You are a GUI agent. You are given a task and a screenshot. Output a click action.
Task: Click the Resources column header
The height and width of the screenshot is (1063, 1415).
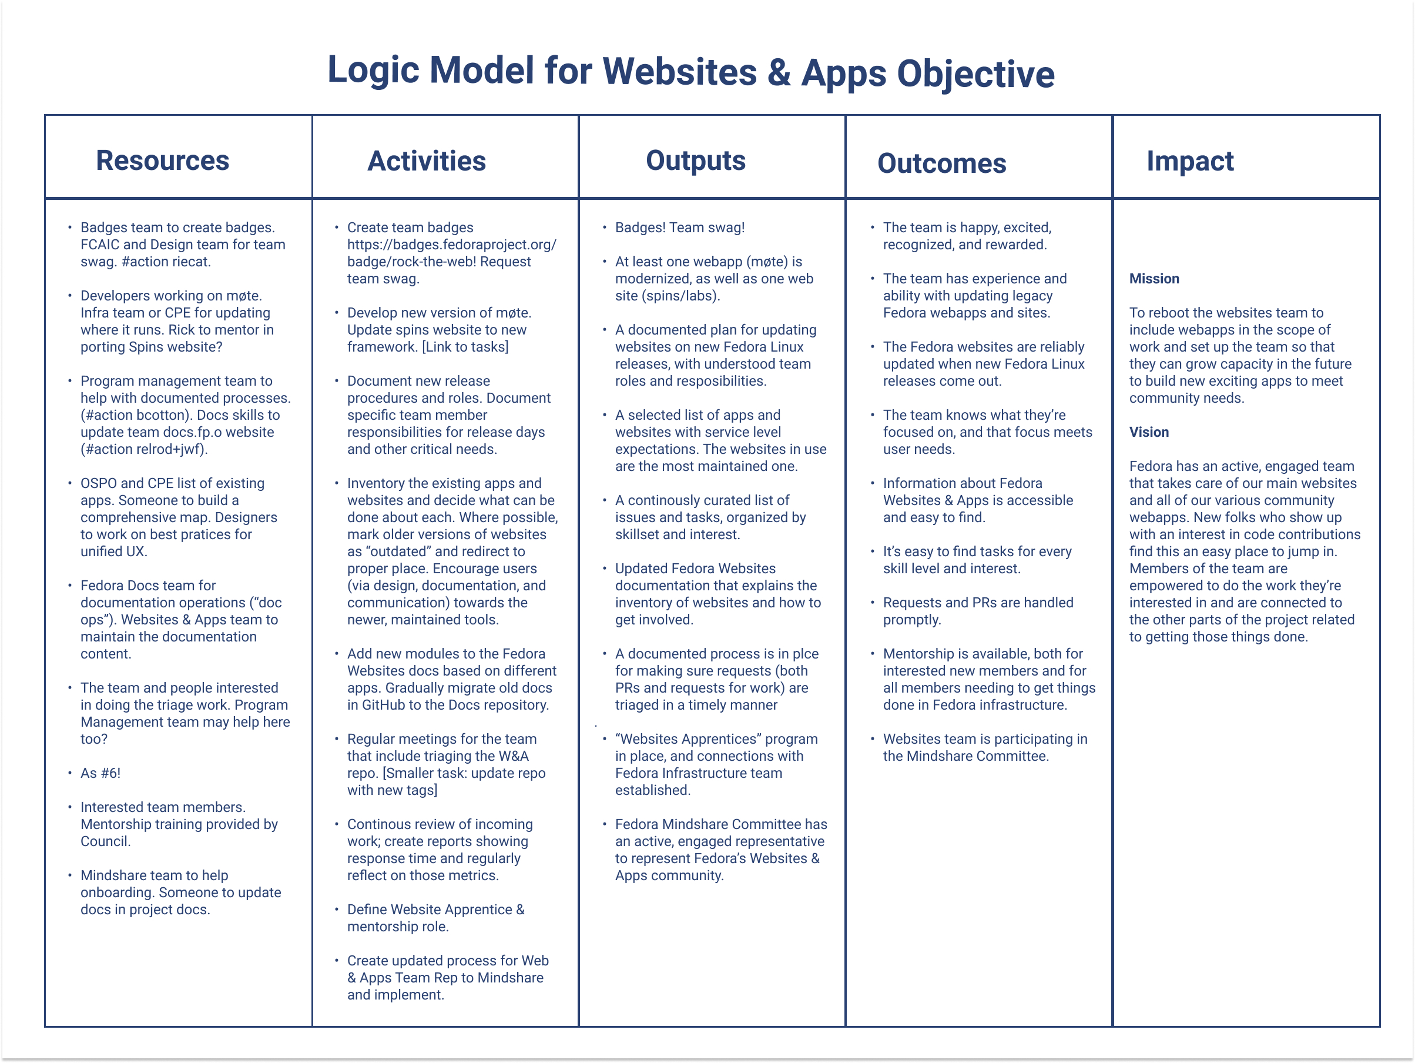pyautogui.click(x=163, y=160)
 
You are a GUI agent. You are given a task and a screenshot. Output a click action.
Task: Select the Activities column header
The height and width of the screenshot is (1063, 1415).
pyautogui.click(x=427, y=161)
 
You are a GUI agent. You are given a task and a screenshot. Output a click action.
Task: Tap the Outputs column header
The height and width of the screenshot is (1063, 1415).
pyautogui.click(x=695, y=161)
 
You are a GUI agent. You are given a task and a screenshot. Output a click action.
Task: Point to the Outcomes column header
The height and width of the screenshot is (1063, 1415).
pyautogui.click(x=941, y=163)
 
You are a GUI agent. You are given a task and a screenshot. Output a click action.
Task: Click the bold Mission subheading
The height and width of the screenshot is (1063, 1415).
pyautogui.click(x=1154, y=278)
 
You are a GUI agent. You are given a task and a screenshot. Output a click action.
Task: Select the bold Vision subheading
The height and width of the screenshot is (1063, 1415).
pyautogui.click(x=1149, y=432)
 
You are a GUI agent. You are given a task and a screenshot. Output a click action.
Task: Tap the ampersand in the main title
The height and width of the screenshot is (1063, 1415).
pyautogui.click(x=779, y=72)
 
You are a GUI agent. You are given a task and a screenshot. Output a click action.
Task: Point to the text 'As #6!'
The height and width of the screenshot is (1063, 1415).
pyautogui.click(x=100, y=773)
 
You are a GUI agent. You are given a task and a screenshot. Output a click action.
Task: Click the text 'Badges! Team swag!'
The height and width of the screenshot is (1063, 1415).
pyautogui.click(x=680, y=227)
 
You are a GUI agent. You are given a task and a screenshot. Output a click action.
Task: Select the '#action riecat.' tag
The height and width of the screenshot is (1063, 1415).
pyautogui.click(x=166, y=261)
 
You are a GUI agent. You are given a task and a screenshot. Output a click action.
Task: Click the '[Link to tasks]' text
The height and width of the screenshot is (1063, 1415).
pyautogui.click(x=465, y=347)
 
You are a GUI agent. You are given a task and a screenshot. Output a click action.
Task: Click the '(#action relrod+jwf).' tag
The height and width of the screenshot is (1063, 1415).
pyautogui.click(x=144, y=449)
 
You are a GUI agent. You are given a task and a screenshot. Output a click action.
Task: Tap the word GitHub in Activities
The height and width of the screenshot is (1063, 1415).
pyautogui.click(x=383, y=704)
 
